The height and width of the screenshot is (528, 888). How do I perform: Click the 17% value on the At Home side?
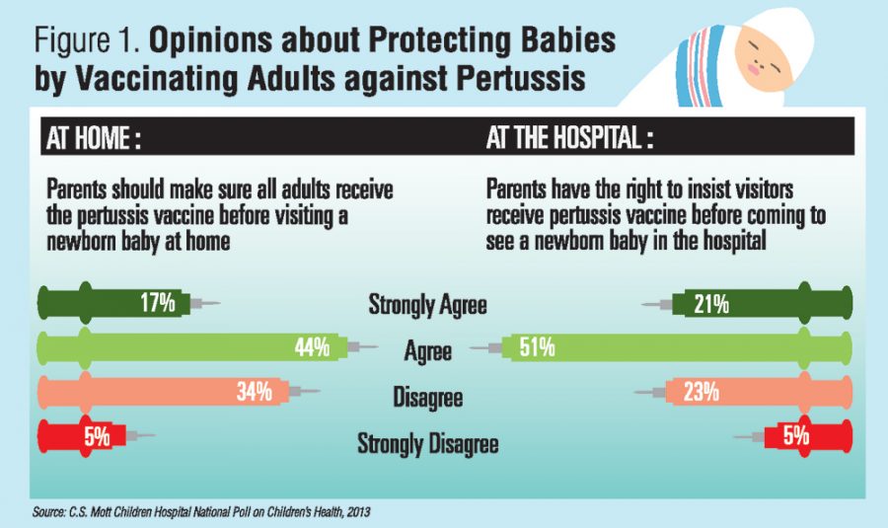pyautogui.click(x=157, y=303)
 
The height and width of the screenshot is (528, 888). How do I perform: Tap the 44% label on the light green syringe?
pyautogui.click(x=312, y=347)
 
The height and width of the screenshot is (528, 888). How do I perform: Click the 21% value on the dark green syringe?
pyautogui.click(x=710, y=304)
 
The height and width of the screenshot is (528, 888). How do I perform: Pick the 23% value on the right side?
pyautogui.click(x=700, y=392)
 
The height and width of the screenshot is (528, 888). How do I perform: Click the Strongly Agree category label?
pyautogui.click(x=427, y=305)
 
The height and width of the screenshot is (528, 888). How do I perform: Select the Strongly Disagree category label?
pyautogui.click(x=427, y=444)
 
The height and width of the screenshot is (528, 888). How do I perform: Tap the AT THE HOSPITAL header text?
pyautogui.click(x=569, y=139)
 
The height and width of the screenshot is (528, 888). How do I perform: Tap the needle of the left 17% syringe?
pyautogui.click(x=209, y=304)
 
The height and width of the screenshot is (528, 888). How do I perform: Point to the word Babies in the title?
pyautogui.click(x=565, y=42)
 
